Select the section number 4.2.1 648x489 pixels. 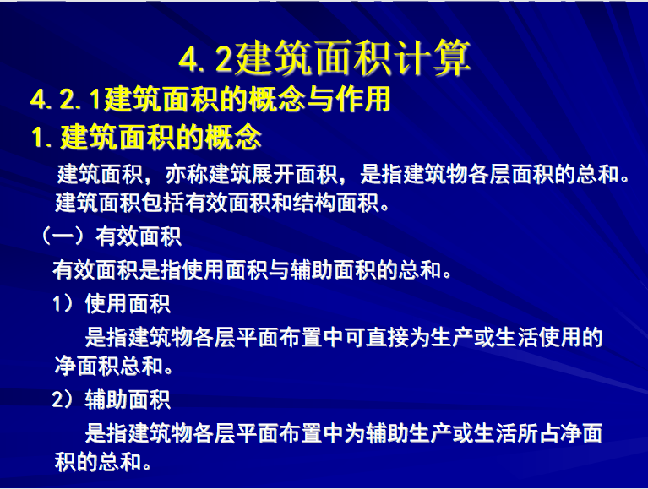[65, 100]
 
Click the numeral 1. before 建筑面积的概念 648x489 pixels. [41, 137]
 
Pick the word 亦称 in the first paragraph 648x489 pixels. [187, 174]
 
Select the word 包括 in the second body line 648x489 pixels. [162, 203]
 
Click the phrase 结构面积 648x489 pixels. [336, 203]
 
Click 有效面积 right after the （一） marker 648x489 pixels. [138, 236]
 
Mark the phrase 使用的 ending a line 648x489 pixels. [570, 337]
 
